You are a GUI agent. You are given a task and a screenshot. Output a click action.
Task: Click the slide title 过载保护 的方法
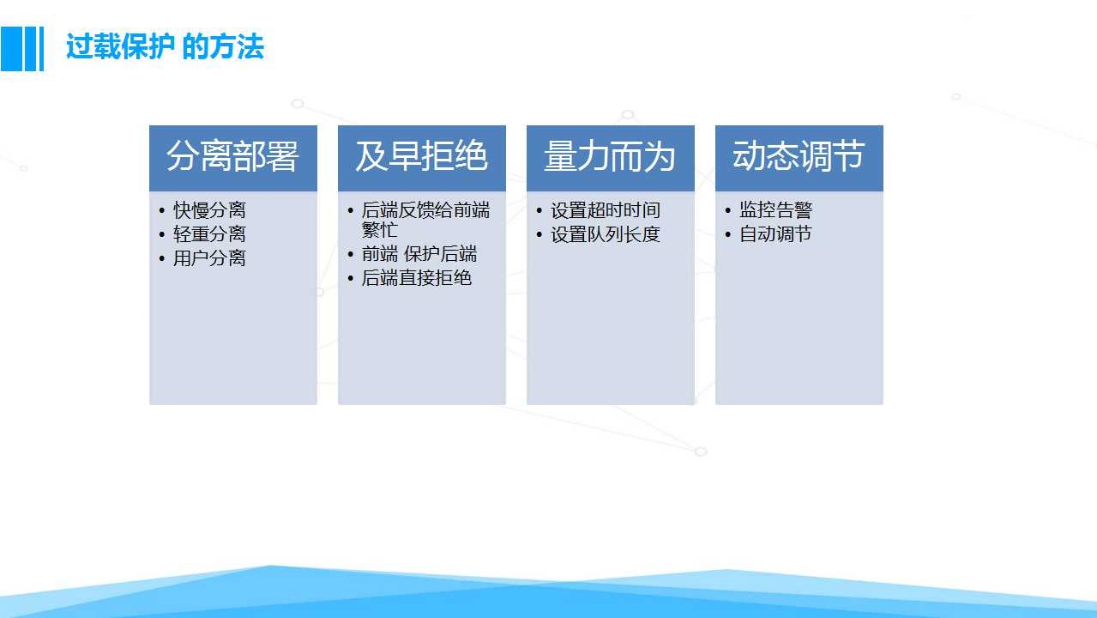(x=165, y=46)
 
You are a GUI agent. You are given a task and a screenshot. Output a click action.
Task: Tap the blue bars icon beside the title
(x=22, y=49)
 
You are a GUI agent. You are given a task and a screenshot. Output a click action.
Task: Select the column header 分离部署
(x=232, y=156)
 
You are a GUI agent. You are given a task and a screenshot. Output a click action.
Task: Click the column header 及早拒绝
(x=421, y=156)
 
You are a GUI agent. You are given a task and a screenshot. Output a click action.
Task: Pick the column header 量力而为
(x=610, y=156)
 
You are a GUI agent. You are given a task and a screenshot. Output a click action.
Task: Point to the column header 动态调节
(x=799, y=156)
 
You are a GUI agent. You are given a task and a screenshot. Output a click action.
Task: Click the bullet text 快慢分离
(x=209, y=210)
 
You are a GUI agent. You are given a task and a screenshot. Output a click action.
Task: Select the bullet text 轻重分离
(x=209, y=234)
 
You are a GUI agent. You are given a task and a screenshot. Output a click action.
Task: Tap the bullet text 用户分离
(x=209, y=258)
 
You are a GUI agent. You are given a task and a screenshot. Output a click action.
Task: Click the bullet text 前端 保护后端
(x=419, y=254)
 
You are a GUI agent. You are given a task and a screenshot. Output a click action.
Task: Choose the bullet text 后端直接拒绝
(x=417, y=278)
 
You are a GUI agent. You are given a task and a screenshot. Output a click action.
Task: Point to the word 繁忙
(x=380, y=229)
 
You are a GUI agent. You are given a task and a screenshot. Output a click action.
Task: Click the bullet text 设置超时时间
(x=606, y=210)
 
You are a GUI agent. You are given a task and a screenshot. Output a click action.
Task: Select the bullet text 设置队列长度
(x=606, y=234)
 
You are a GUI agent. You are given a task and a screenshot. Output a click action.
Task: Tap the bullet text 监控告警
(x=775, y=210)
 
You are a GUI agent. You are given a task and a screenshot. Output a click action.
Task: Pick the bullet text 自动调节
(x=775, y=234)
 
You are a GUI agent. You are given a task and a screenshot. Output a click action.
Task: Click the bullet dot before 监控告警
(x=728, y=211)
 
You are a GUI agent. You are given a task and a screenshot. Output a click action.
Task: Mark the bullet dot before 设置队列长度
(x=539, y=234)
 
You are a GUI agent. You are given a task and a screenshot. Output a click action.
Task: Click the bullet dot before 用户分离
(x=162, y=258)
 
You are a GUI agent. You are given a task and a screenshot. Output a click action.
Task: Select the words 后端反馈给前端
(x=425, y=210)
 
